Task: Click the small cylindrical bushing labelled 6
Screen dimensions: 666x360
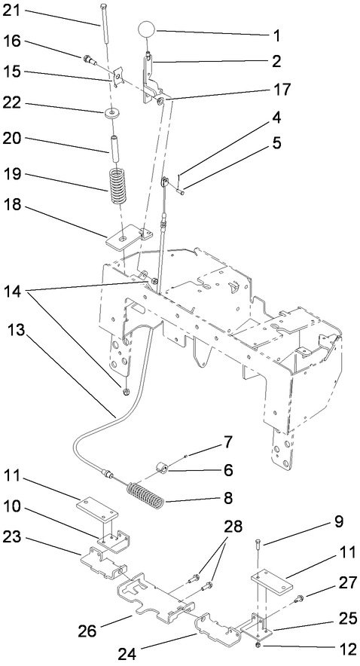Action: pyautogui.click(x=161, y=470)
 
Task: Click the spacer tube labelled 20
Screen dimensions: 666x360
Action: pyautogui.click(x=117, y=143)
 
